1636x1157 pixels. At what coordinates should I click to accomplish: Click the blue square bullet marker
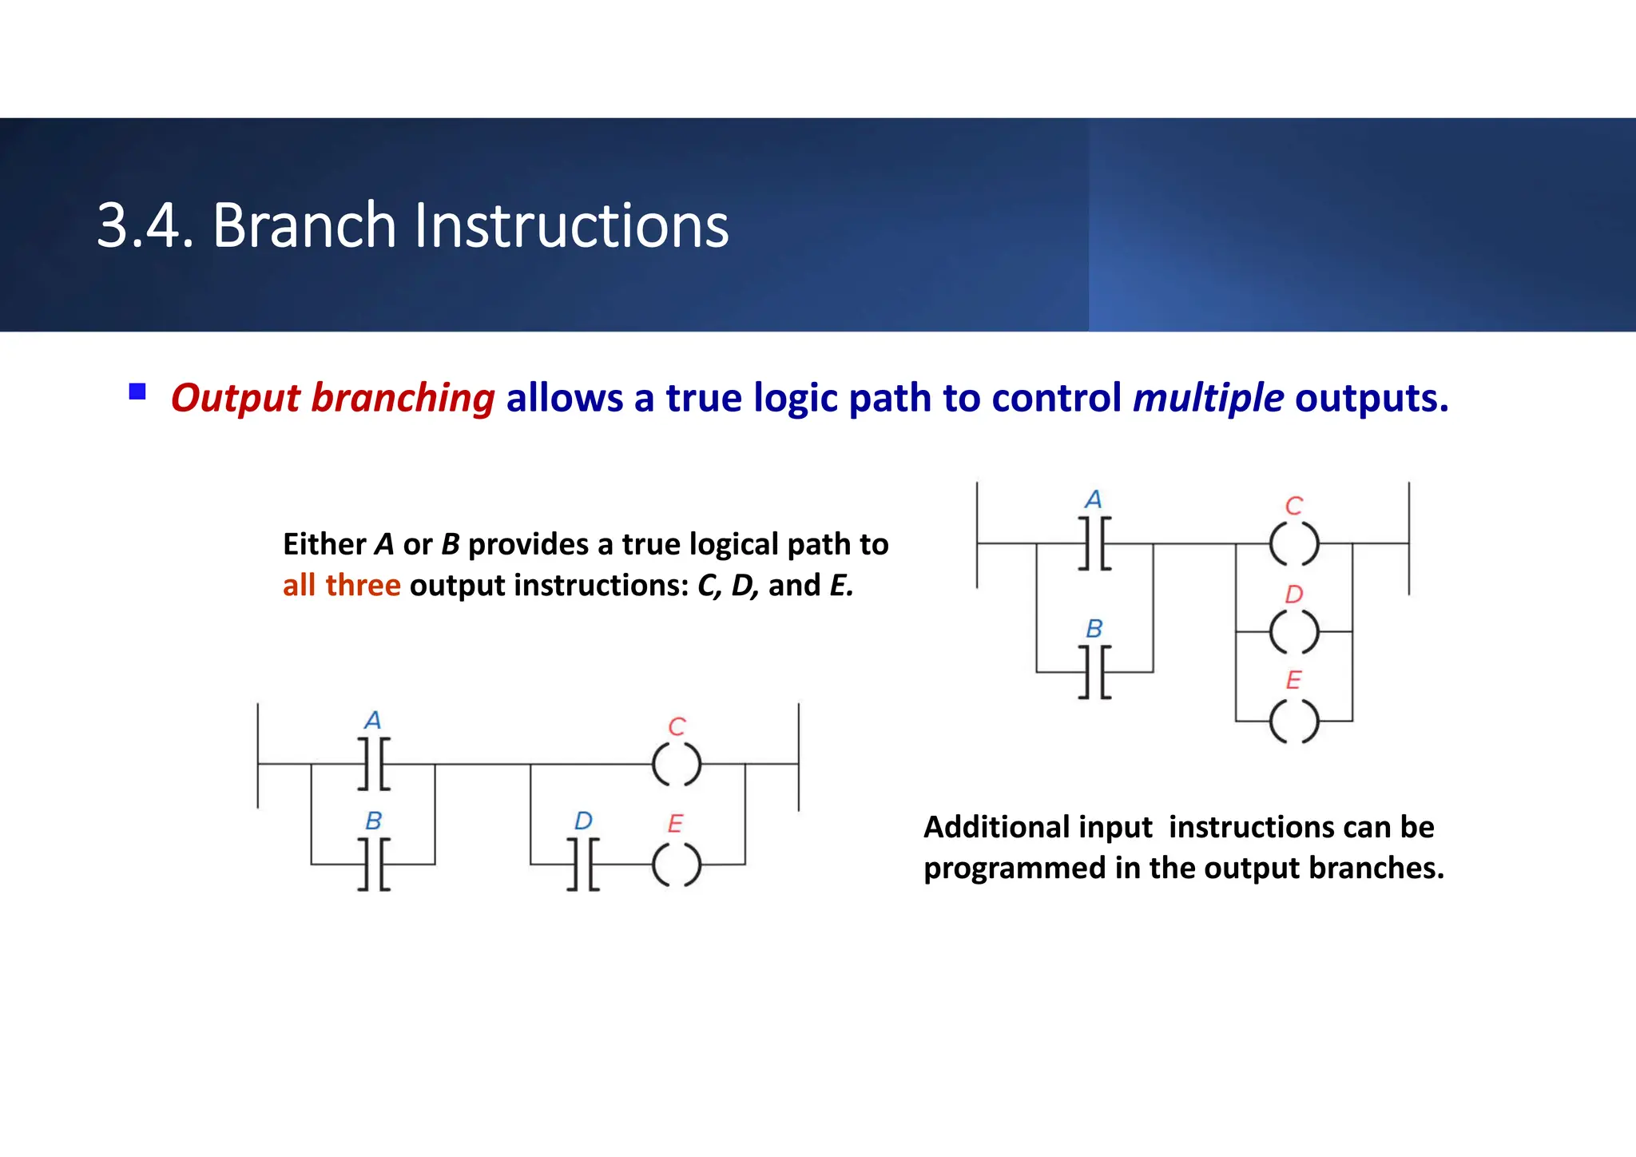137,392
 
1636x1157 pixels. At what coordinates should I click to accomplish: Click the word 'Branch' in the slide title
304,226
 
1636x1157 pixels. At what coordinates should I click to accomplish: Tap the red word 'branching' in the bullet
403,398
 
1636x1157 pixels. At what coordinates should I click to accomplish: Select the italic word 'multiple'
1208,398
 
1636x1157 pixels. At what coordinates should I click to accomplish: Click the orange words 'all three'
341,586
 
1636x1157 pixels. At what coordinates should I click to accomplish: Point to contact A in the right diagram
1094,543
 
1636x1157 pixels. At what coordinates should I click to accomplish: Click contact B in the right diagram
1094,672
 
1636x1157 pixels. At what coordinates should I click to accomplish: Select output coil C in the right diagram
1294,544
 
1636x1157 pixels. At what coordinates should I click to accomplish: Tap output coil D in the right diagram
1294,632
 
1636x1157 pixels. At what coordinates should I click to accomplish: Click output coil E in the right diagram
1294,721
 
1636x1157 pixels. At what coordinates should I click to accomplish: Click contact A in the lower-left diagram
374,764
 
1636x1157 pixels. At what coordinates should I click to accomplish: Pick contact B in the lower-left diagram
374,864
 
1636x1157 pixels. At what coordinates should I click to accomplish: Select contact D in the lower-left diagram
583,864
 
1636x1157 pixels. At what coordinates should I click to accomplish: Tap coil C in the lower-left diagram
677,764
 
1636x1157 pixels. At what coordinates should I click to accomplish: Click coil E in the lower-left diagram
677,865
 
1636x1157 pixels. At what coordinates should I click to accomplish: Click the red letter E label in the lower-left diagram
675,823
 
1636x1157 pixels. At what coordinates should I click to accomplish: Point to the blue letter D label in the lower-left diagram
583,821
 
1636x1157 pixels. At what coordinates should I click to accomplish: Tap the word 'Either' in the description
324,544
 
